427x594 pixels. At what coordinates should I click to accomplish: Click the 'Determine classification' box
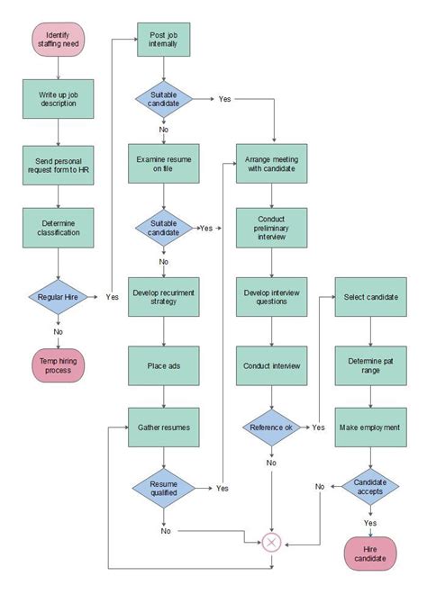[x=58, y=227]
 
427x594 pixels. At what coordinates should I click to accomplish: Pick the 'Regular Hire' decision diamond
[x=58, y=295]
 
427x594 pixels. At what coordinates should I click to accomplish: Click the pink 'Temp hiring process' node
[x=58, y=364]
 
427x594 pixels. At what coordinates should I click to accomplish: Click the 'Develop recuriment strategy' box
[x=163, y=297]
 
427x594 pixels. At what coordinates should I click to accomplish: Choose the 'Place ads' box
[x=163, y=365]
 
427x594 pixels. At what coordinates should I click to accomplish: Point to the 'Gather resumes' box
[x=163, y=427]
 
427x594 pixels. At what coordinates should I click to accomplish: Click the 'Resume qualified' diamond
[x=163, y=487]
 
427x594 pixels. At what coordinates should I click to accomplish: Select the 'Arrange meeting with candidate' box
[x=272, y=163]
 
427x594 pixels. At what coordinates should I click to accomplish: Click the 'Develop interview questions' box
[x=272, y=297]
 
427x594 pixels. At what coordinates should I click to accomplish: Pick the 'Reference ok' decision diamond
[x=272, y=427]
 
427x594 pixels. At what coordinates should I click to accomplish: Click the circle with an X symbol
[x=272, y=542]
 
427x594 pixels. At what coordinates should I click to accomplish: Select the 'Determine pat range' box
[x=369, y=365]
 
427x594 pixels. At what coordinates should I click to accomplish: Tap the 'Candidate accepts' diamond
[x=369, y=487]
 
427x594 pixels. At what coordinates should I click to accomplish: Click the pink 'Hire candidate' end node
[x=369, y=553]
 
